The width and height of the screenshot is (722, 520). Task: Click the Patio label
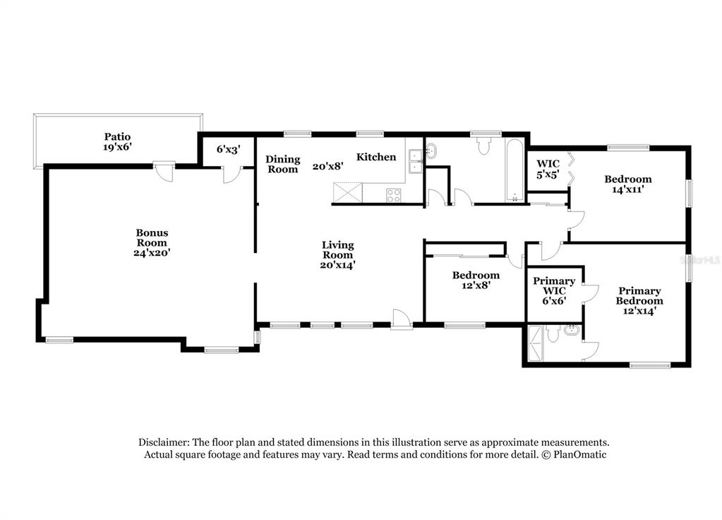(117, 136)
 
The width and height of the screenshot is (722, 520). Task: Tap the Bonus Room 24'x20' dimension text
(152, 253)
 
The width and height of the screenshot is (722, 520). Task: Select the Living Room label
(337, 250)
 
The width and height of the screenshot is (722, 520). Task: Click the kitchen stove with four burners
(394, 195)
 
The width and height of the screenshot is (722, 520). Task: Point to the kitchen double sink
(416, 161)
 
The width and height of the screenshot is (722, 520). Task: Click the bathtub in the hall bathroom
(515, 170)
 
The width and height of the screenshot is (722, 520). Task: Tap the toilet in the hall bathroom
(483, 146)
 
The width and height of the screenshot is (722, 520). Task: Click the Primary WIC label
(554, 286)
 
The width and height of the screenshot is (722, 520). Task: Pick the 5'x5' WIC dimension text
(548, 175)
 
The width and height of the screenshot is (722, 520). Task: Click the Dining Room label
(283, 164)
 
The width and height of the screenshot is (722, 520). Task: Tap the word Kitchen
(376, 157)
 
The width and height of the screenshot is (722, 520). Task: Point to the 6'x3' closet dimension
(229, 149)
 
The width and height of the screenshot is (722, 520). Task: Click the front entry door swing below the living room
(401, 319)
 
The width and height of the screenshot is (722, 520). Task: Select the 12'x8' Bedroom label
(476, 280)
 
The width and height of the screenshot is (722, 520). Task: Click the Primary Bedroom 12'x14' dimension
(639, 311)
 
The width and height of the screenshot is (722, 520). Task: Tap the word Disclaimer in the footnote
(164, 442)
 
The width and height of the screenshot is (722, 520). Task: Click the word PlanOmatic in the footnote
(579, 454)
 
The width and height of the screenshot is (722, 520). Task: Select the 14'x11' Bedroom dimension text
(628, 189)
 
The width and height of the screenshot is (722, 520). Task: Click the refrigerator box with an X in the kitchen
(348, 193)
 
